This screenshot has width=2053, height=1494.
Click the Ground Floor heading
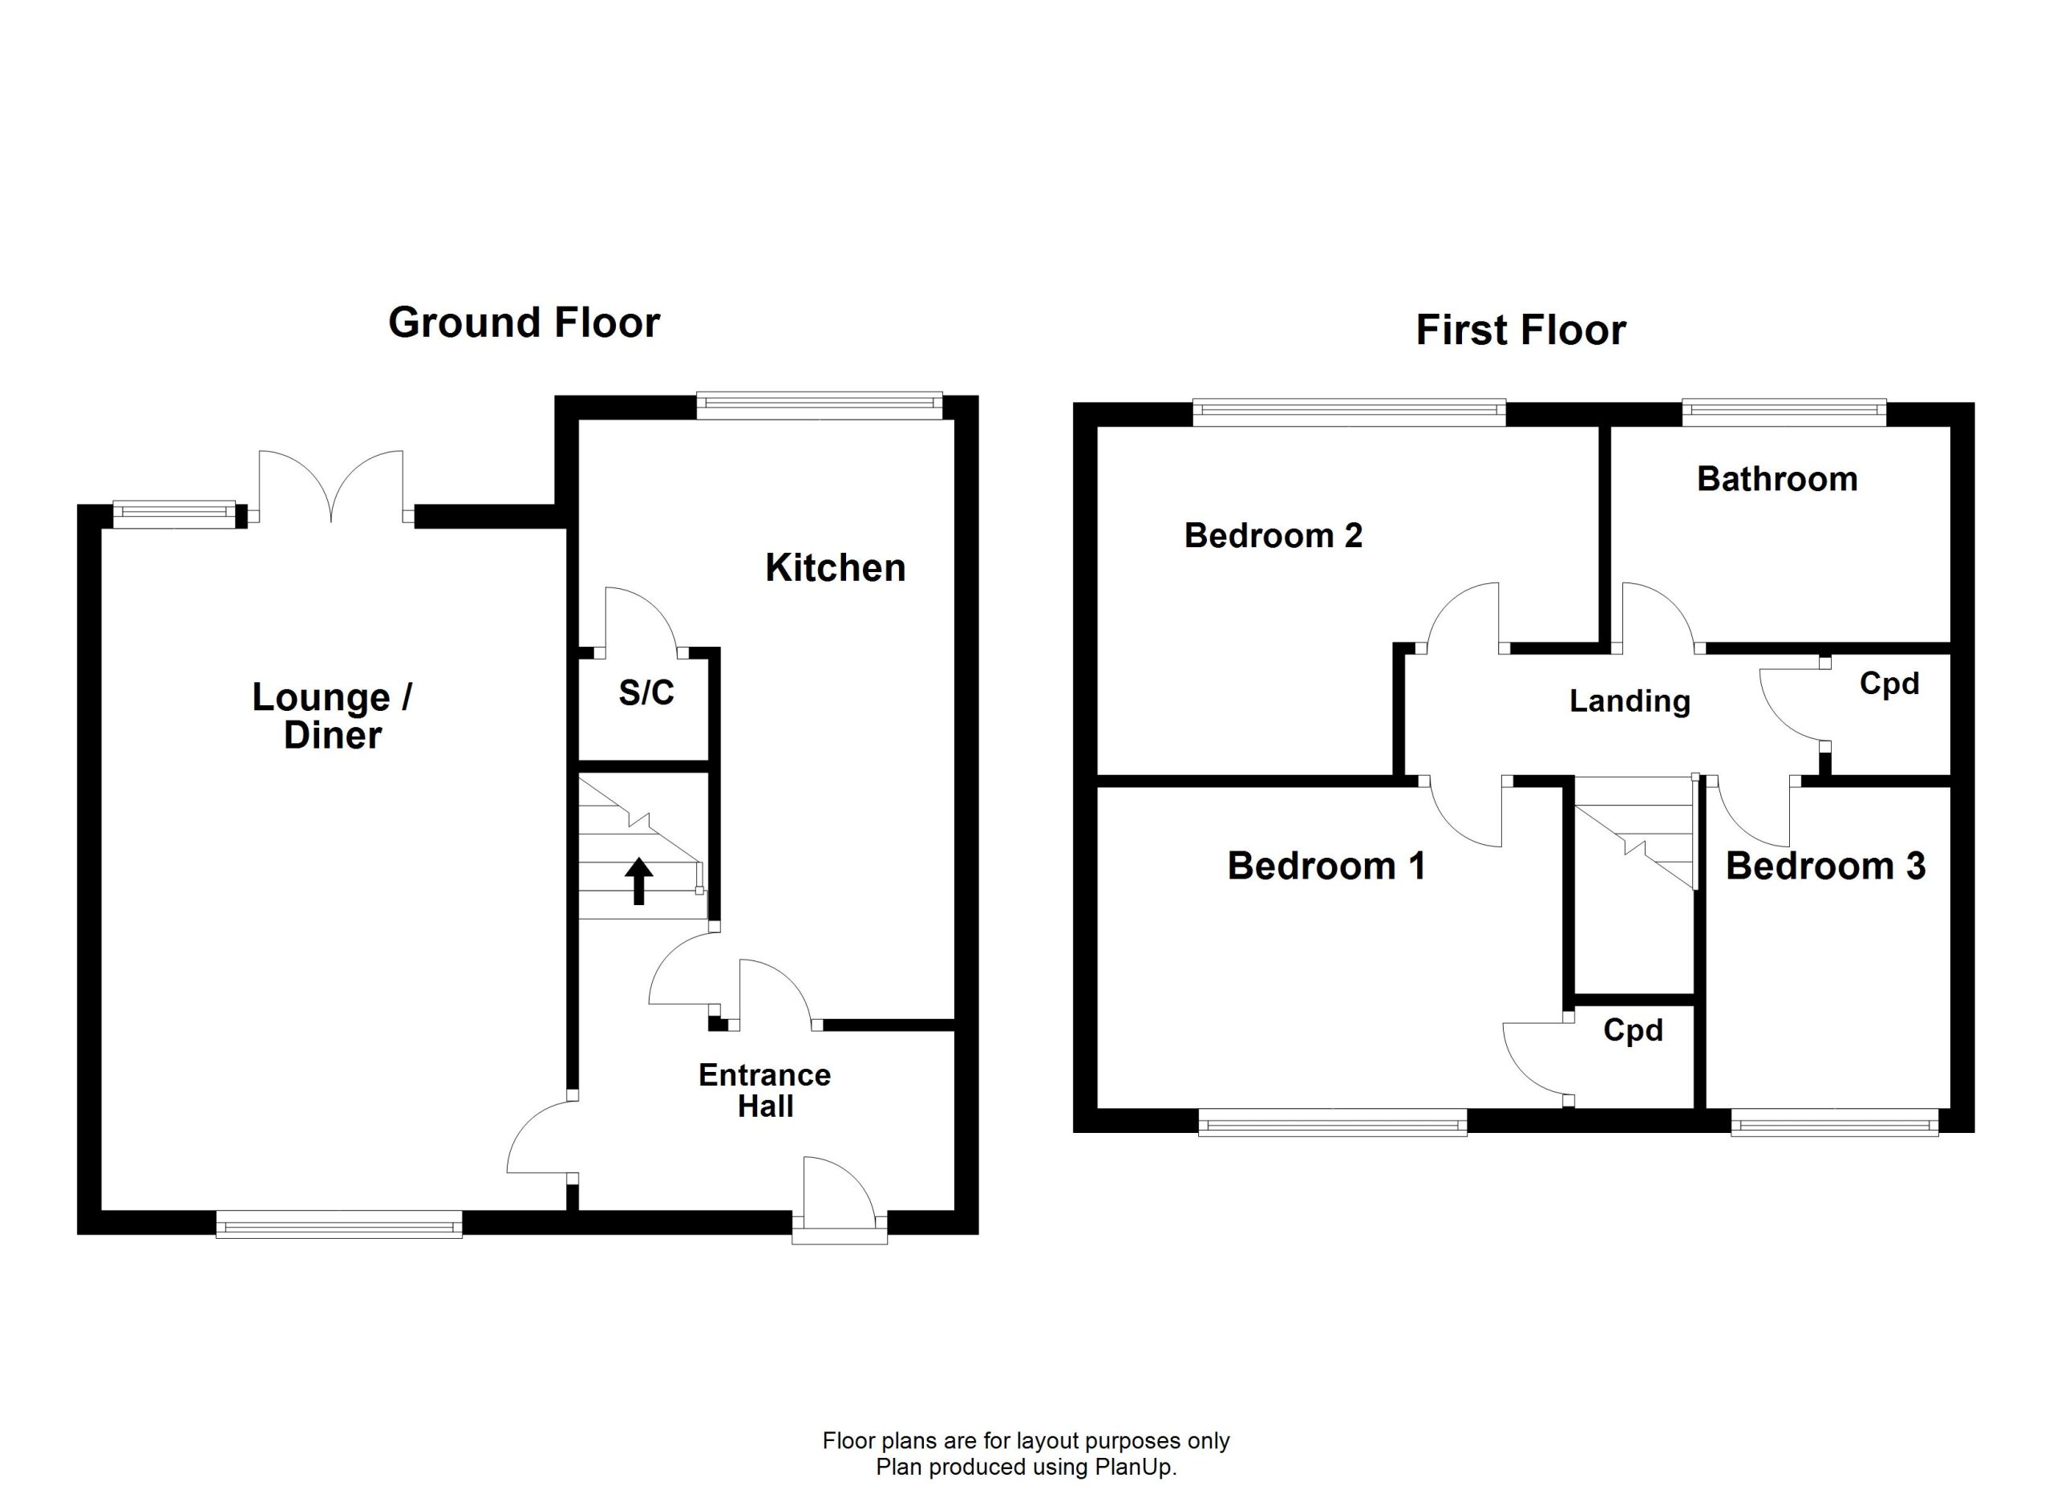(x=524, y=323)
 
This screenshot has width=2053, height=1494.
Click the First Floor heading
(x=1521, y=330)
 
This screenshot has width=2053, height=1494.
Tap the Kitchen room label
(x=836, y=568)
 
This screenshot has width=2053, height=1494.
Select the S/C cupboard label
(x=646, y=692)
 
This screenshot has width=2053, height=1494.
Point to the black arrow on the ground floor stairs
(x=639, y=881)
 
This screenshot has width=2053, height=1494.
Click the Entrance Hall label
(x=765, y=1090)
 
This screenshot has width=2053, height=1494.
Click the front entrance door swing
(x=839, y=1192)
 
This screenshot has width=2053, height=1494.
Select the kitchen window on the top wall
(x=820, y=406)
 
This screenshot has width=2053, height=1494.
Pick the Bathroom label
(x=1777, y=479)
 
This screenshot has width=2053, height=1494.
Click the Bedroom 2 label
(x=1273, y=536)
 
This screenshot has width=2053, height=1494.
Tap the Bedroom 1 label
(x=1326, y=867)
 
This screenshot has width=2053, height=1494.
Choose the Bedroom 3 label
(x=1826, y=867)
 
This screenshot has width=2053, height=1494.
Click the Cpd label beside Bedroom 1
(x=1633, y=1030)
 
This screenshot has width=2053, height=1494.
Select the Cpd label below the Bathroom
(x=1889, y=684)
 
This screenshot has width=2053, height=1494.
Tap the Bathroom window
(x=1784, y=414)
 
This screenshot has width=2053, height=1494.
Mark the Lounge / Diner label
(x=332, y=716)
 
